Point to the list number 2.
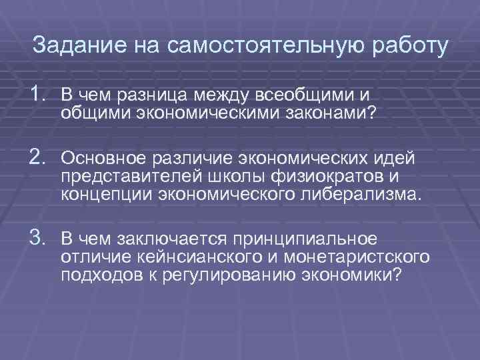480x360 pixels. pyautogui.click(x=39, y=159)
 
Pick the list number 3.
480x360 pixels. pyautogui.click(x=39, y=239)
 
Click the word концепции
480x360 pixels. pyautogui.click(x=97, y=195)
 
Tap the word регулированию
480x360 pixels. pyautogui.click(x=231, y=274)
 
